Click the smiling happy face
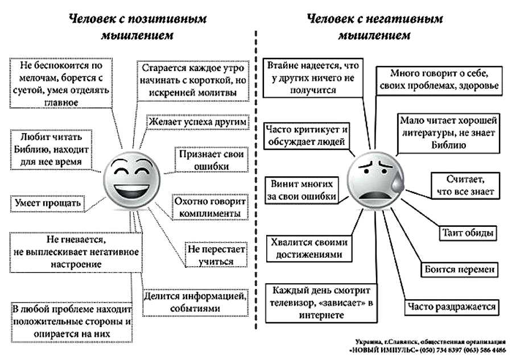(x=132, y=181)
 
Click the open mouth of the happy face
(x=131, y=191)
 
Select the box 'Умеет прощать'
(x=48, y=204)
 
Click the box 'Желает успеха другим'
(x=197, y=122)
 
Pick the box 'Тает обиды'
(x=468, y=233)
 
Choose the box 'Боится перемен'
(x=459, y=270)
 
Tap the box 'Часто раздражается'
(x=452, y=307)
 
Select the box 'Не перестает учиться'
(x=216, y=255)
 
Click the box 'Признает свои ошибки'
(x=211, y=160)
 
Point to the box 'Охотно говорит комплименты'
(x=209, y=207)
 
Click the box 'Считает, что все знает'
(x=465, y=185)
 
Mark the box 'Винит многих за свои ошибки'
(x=302, y=191)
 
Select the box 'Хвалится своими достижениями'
(x=309, y=249)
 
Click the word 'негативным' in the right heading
(x=404, y=19)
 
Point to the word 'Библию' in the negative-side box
(x=448, y=145)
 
